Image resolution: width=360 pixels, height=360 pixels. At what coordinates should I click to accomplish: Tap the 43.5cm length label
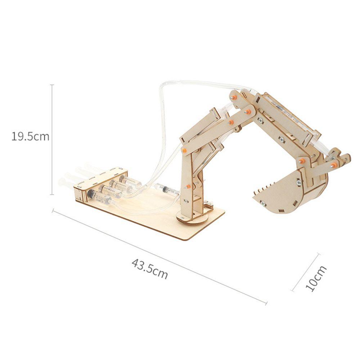point(149,269)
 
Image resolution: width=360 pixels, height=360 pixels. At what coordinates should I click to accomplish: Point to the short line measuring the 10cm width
point(306,272)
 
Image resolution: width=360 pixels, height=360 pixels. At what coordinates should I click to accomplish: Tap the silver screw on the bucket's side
point(298,183)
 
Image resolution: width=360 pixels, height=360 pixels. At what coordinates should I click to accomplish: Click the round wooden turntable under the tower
point(191,217)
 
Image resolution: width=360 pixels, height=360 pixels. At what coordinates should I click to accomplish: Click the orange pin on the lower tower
point(188,186)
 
